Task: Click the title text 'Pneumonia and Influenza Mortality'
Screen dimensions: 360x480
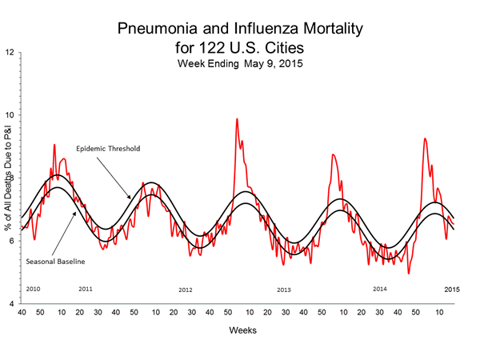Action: coord(240,30)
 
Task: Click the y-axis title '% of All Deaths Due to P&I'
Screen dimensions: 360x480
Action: coord(11,180)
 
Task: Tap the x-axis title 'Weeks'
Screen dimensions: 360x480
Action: coord(240,328)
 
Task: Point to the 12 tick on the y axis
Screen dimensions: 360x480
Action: coord(10,53)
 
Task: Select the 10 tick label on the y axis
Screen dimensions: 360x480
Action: coord(10,115)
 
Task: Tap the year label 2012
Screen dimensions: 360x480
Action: coord(186,289)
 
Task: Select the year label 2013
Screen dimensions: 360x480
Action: coord(284,289)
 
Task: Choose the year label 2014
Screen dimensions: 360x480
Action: coord(380,288)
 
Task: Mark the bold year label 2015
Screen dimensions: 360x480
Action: coord(452,288)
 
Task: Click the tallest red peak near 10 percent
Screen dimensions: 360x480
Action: coord(237,119)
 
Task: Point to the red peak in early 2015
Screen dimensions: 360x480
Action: coord(425,139)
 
